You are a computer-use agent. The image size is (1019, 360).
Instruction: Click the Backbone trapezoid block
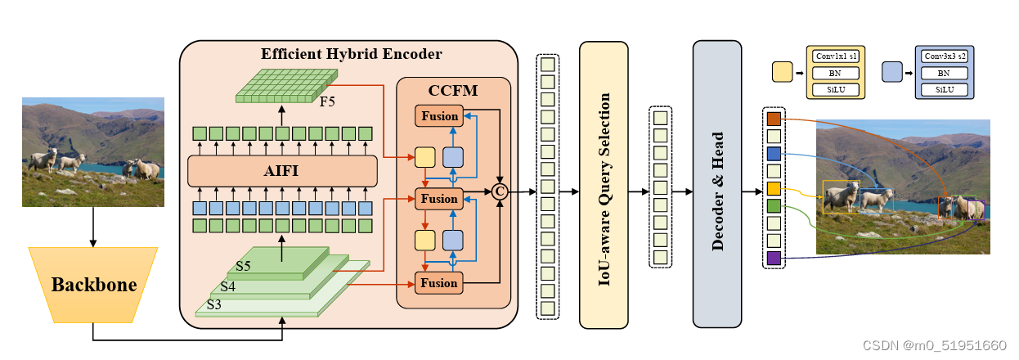(x=92, y=285)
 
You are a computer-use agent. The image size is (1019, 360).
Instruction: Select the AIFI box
(x=282, y=172)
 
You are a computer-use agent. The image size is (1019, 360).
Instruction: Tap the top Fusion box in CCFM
(x=439, y=115)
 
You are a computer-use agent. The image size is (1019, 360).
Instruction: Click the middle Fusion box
(x=439, y=199)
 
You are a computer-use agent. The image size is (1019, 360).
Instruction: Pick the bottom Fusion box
(x=439, y=283)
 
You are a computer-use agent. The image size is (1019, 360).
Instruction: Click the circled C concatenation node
(x=499, y=191)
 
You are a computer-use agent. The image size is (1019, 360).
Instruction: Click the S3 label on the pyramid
(x=214, y=304)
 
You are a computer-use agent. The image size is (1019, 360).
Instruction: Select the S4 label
(x=228, y=286)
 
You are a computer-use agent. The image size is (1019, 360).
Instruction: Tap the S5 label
(x=244, y=267)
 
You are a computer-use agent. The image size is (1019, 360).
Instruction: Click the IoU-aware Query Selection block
(x=604, y=184)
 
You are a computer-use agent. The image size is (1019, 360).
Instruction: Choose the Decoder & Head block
(x=716, y=184)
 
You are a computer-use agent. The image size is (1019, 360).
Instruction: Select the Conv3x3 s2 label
(x=944, y=56)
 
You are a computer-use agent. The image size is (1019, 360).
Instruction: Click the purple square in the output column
(x=774, y=259)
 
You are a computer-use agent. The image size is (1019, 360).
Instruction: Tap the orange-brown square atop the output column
(x=774, y=119)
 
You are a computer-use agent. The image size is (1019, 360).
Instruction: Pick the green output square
(x=774, y=206)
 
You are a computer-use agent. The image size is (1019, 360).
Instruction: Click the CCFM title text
(x=452, y=88)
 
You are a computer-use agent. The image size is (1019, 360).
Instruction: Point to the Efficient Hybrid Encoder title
(x=352, y=55)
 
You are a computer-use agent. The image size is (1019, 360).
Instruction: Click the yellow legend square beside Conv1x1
(x=783, y=73)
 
